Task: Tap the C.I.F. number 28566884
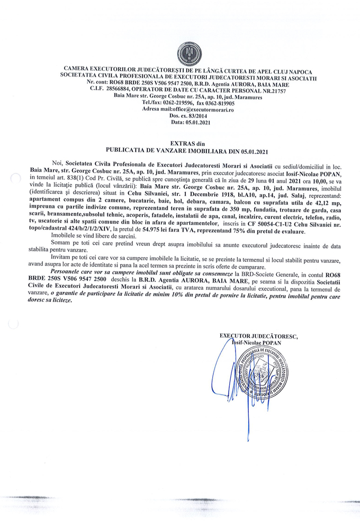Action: click(124, 90)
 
